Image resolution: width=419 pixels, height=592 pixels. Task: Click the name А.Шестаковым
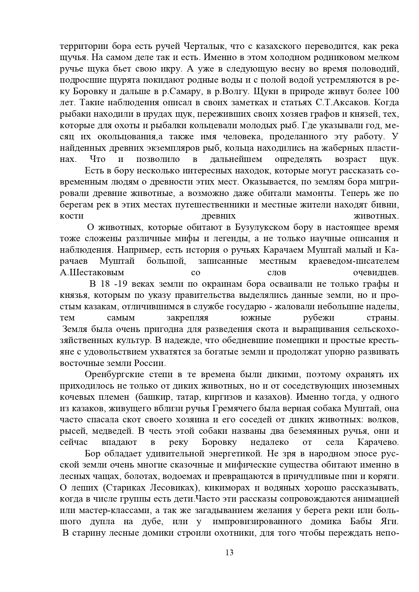tap(92, 273)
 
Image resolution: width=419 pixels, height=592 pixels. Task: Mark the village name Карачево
tap(378, 442)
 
